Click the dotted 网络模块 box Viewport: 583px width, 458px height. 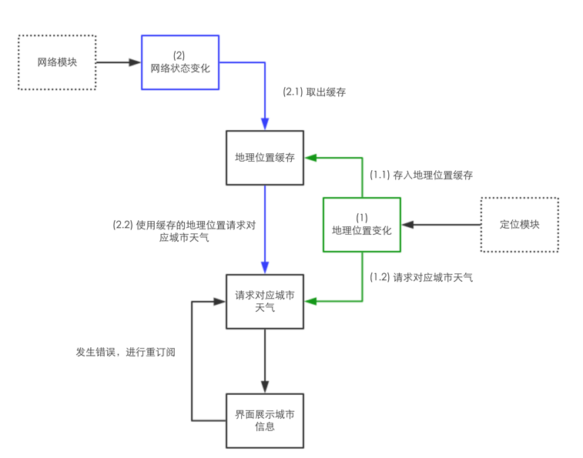click(x=57, y=62)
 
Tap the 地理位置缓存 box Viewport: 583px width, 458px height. click(x=265, y=158)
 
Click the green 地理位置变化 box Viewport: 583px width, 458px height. click(x=361, y=225)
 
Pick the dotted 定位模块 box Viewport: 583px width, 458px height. click(x=519, y=225)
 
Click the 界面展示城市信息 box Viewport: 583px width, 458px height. click(x=265, y=420)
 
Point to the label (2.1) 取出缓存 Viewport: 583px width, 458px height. click(x=314, y=92)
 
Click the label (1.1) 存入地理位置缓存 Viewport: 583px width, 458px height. click(x=420, y=175)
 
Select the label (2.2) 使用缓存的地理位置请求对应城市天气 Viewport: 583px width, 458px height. click(x=184, y=231)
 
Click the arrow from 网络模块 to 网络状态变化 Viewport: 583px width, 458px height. click(x=119, y=62)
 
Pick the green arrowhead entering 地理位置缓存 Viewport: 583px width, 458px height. click(x=311, y=158)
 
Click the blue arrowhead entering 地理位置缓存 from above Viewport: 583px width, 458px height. click(x=265, y=125)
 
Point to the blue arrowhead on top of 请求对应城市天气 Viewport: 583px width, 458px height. click(x=265, y=268)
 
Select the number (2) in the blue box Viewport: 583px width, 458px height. click(x=179, y=55)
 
